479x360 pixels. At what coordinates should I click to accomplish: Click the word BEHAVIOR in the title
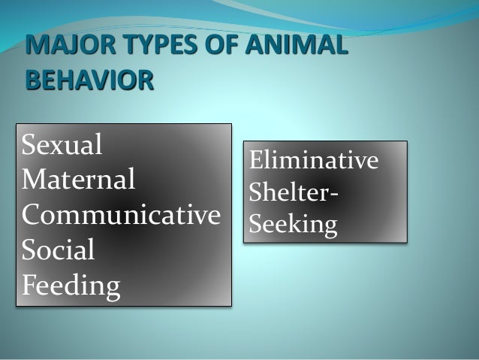[x=89, y=78]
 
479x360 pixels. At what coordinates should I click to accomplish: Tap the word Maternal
[x=80, y=179]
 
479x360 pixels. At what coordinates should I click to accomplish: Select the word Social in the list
[x=59, y=250]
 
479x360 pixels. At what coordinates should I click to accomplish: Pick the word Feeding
[x=71, y=286]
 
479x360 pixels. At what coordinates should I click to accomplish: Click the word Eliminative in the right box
[x=314, y=162]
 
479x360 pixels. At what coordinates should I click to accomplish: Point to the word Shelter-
[x=293, y=193]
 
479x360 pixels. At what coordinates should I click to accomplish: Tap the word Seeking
[x=293, y=225]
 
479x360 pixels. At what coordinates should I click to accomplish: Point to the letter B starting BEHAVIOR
[x=32, y=78]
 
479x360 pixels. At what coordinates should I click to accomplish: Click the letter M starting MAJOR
[x=35, y=44]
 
